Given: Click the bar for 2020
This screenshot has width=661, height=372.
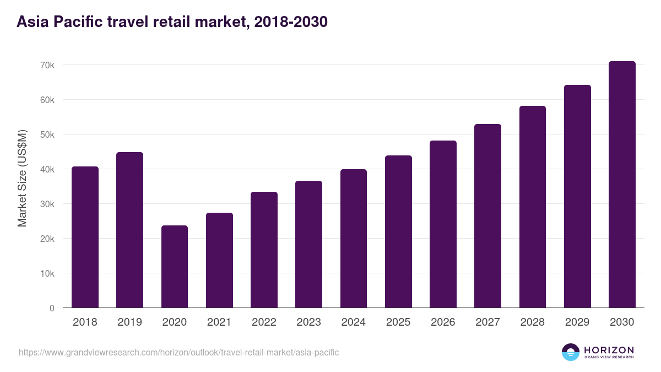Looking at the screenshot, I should [x=175, y=267].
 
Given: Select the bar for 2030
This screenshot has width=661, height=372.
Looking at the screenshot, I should [x=622, y=185].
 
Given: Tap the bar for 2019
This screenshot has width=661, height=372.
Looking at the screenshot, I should [x=129, y=230].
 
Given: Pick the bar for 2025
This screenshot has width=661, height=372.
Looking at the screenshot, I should [x=398, y=231].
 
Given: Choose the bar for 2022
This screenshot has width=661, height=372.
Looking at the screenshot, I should [x=264, y=250].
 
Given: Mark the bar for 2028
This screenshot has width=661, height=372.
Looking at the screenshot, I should [x=532, y=207].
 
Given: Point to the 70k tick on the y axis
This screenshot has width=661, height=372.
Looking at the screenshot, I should [x=47, y=65].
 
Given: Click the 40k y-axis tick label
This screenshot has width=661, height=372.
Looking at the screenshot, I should [x=47, y=169].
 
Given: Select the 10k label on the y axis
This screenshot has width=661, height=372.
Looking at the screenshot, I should [x=47, y=273].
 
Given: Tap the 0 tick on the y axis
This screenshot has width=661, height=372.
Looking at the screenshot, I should [x=52, y=308].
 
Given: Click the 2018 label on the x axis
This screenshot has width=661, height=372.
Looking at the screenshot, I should [x=85, y=322].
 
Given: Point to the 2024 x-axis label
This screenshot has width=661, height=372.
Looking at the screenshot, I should [x=353, y=322].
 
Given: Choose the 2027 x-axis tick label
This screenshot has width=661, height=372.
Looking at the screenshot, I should [x=487, y=322].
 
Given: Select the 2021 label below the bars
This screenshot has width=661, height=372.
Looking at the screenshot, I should [x=219, y=322].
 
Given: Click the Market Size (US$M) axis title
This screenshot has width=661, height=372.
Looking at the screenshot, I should [x=22, y=178].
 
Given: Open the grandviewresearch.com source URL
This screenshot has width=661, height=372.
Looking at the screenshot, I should [x=179, y=352].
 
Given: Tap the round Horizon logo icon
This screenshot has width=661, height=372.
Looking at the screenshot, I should [x=571, y=352].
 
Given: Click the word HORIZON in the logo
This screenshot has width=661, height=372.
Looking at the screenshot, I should [x=609, y=350].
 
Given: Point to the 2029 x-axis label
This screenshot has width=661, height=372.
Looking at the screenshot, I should [x=577, y=322].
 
